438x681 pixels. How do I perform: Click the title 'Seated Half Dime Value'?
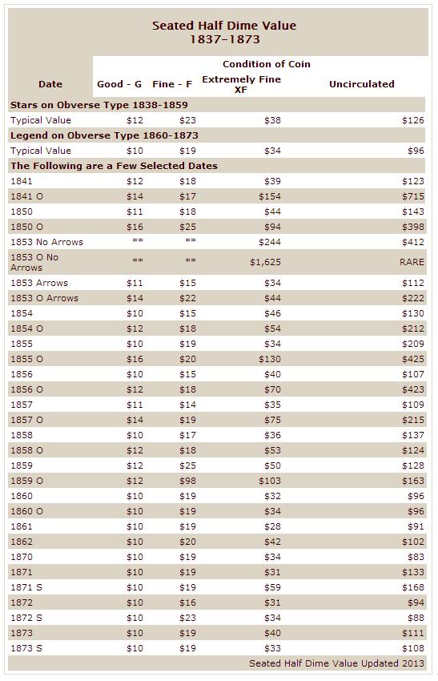pyautogui.click(x=224, y=26)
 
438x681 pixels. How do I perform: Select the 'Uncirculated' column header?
pyautogui.click(x=362, y=84)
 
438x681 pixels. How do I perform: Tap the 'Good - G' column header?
pyautogui.click(x=119, y=84)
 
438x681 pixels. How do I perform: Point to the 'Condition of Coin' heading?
pyautogui.click(x=267, y=64)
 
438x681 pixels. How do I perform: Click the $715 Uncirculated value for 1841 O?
pyautogui.click(x=413, y=196)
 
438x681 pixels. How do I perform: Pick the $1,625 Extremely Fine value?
pyautogui.click(x=265, y=262)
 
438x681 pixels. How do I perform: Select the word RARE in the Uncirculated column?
pyautogui.click(x=412, y=262)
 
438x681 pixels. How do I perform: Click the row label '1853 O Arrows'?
pyautogui.click(x=44, y=298)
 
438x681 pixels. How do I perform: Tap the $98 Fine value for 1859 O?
pyautogui.click(x=187, y=481)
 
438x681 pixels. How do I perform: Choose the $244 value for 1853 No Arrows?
pyautogui.click(x=270, y=242)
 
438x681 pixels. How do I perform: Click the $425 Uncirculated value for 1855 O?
pyautogui.click(x=413, y=359)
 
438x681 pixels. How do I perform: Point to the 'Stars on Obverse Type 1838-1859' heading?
pyautogui.click(x=99, y=105)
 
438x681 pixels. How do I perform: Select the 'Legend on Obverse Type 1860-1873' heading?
pyautogui.click(x=104, y=135)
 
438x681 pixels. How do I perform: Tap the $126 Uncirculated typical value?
pyautogui.click(x=413, y=120)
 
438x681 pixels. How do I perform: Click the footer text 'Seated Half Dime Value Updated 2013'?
pyautogui.click(x=336, y=663)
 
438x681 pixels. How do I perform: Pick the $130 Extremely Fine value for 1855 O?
pyautogui.click(x=270, y=359)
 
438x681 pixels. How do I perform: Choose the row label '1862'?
pyautogui.click(x=22, y=542)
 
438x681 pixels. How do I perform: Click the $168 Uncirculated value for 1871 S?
pyautogui.click(x=413, y=587)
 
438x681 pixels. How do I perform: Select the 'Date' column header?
pyautogui.click(x=50, y=84)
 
